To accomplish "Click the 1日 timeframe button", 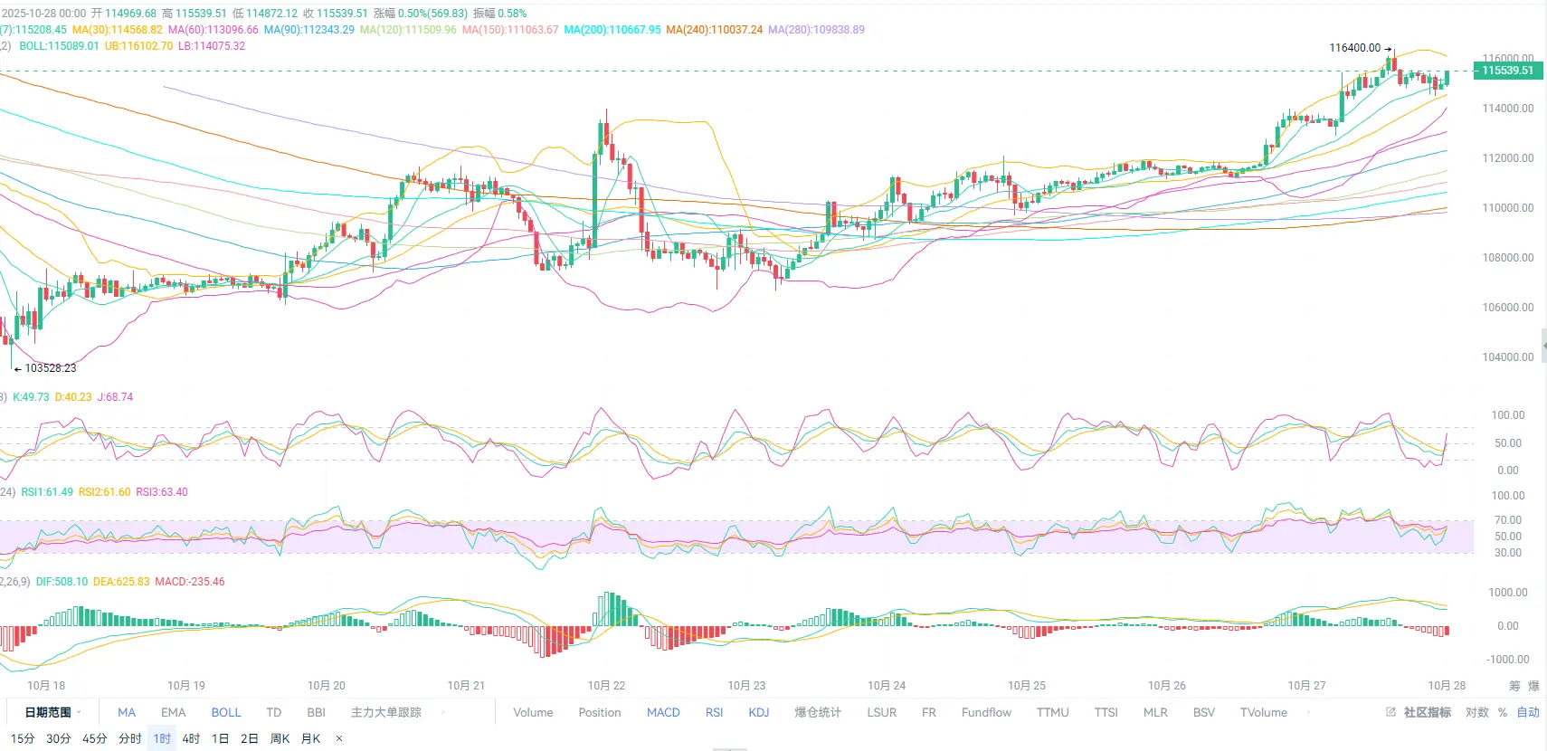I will (x=220, y=738).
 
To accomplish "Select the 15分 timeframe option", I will (x=23, y=738).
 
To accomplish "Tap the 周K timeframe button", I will (x=280, y=738).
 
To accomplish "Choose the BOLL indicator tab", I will (x=226, y=712).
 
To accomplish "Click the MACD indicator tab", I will (x=663, y=712).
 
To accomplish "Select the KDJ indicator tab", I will (x=758, y=712).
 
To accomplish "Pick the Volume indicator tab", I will (x=533, y=712).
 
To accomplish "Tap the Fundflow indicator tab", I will (x=986, y=712).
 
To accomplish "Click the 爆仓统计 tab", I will (x=818, y=712).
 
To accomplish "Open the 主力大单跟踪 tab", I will (x=386, y=712).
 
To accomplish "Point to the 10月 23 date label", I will (x=746, y=685).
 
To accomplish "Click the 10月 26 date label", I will (x=1166, y=685).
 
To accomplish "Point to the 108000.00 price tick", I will (x=1507, y=257).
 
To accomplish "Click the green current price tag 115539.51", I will (x=1507, y=71).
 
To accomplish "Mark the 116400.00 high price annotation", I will (x=1354, y=48).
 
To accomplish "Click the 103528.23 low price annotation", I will (x=51, y=368).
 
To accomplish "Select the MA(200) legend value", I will (x=612, y=30).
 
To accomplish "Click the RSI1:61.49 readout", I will (x=47, y=492).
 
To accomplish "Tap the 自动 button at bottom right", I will (x=1528, y=712).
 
